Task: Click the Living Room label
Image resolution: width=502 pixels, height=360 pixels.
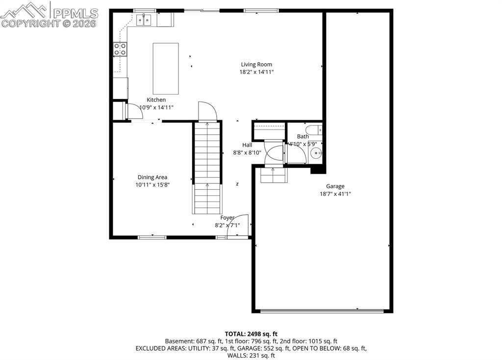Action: [x=256, y=64]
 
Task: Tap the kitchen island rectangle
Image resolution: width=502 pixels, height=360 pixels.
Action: [x=165, y=69]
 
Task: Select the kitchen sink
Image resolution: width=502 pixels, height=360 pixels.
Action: [x=144, y=20]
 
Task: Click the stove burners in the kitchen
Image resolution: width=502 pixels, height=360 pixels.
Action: [x=120, y=49]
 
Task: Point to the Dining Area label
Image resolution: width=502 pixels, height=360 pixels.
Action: [x=152, y=177]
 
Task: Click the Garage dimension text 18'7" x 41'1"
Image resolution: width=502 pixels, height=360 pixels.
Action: [x=335, y=194]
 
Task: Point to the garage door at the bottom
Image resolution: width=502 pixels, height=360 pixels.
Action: [x=322, y=310]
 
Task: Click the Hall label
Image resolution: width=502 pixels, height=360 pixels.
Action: [x=247, y=145]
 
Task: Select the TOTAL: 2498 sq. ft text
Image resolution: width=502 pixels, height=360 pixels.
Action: [x=251, y=334]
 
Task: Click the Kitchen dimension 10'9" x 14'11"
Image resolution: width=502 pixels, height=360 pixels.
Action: [x=156, y=107]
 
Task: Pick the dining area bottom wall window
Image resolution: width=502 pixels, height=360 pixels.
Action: [x=152, y=237]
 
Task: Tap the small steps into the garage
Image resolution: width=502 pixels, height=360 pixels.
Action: [x=273, y=175]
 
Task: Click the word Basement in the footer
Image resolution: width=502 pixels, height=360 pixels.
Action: [x=178, y=341]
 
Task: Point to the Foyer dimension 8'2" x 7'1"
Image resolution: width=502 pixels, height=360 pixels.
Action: [x=227, y=226]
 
